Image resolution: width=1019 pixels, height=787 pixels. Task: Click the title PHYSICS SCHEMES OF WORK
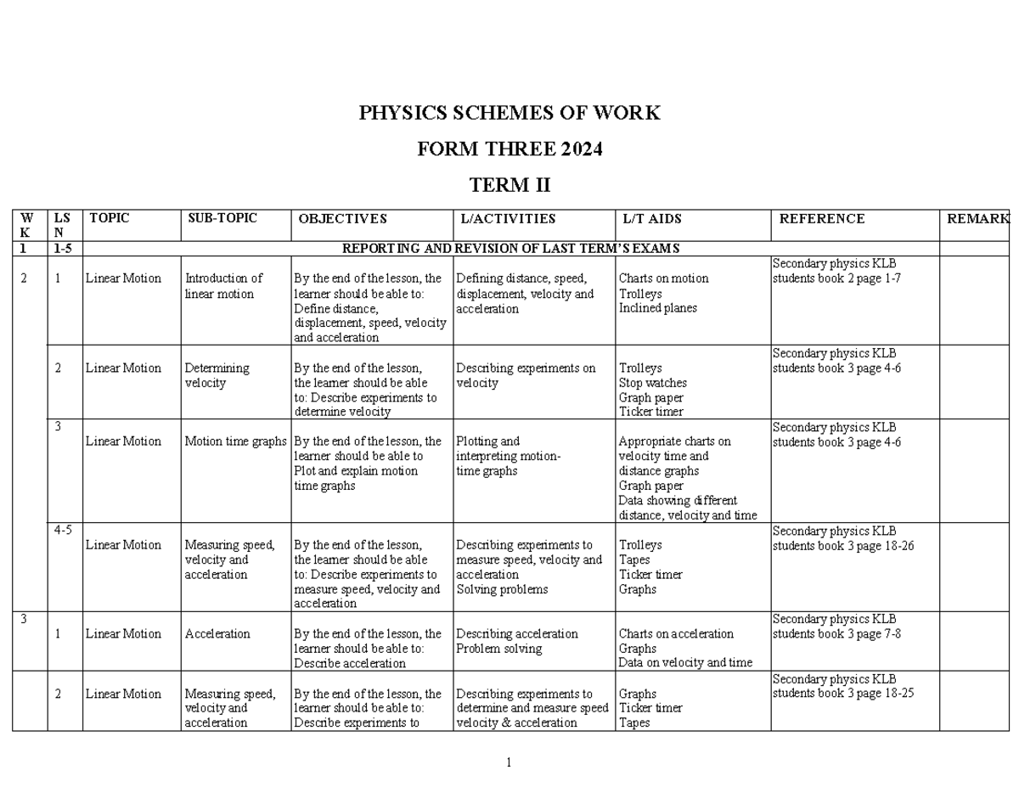[509, 113]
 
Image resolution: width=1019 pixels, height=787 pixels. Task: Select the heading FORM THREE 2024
[509, 149]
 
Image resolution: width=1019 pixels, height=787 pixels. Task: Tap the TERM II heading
[509, 185]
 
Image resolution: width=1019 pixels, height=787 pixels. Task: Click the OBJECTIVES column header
[342, 219]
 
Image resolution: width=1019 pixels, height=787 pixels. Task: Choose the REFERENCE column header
[821, 219]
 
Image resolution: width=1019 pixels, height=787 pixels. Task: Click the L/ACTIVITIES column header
[508, 219]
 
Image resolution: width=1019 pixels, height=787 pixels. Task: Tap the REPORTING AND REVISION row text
[510, 248]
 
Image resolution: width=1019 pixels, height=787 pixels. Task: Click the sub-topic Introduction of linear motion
[223, 286]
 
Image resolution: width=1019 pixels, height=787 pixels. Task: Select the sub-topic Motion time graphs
[235, 441]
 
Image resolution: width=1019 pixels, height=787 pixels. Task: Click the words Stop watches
[652, 383]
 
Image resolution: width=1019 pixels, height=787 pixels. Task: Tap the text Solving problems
[501, 589]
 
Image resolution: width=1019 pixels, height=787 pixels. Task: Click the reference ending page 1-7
[836, 278]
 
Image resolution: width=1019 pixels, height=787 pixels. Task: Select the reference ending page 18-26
[842, 545]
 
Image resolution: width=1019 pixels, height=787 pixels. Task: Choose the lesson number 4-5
[63, 530]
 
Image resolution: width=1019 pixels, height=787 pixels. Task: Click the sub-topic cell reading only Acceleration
[217, 633]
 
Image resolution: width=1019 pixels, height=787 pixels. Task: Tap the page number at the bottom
[508, 762]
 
